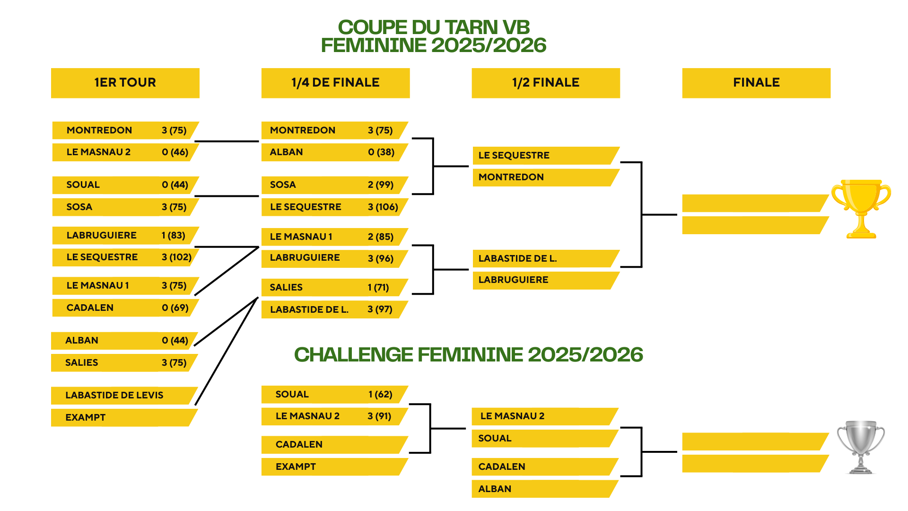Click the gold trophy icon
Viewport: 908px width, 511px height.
coord(861,208)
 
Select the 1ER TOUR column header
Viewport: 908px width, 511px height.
coord(125,83)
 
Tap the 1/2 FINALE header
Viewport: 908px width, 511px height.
coord(546,83)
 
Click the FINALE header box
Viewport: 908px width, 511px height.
coord(756,83)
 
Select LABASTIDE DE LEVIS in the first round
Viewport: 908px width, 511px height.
coord(114,395)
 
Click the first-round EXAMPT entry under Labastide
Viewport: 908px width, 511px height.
coord(86,417)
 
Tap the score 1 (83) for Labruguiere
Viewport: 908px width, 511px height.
coord(174,235)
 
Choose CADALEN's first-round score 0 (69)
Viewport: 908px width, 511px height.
coord(175,308)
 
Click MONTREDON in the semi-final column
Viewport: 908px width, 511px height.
coord(511,177)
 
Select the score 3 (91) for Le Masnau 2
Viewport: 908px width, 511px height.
coord(379,416)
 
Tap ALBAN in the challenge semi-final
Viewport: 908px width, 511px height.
coord(495,489)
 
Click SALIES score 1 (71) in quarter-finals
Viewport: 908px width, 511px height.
coord(378,287)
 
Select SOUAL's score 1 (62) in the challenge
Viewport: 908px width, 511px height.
coord(381,394)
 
